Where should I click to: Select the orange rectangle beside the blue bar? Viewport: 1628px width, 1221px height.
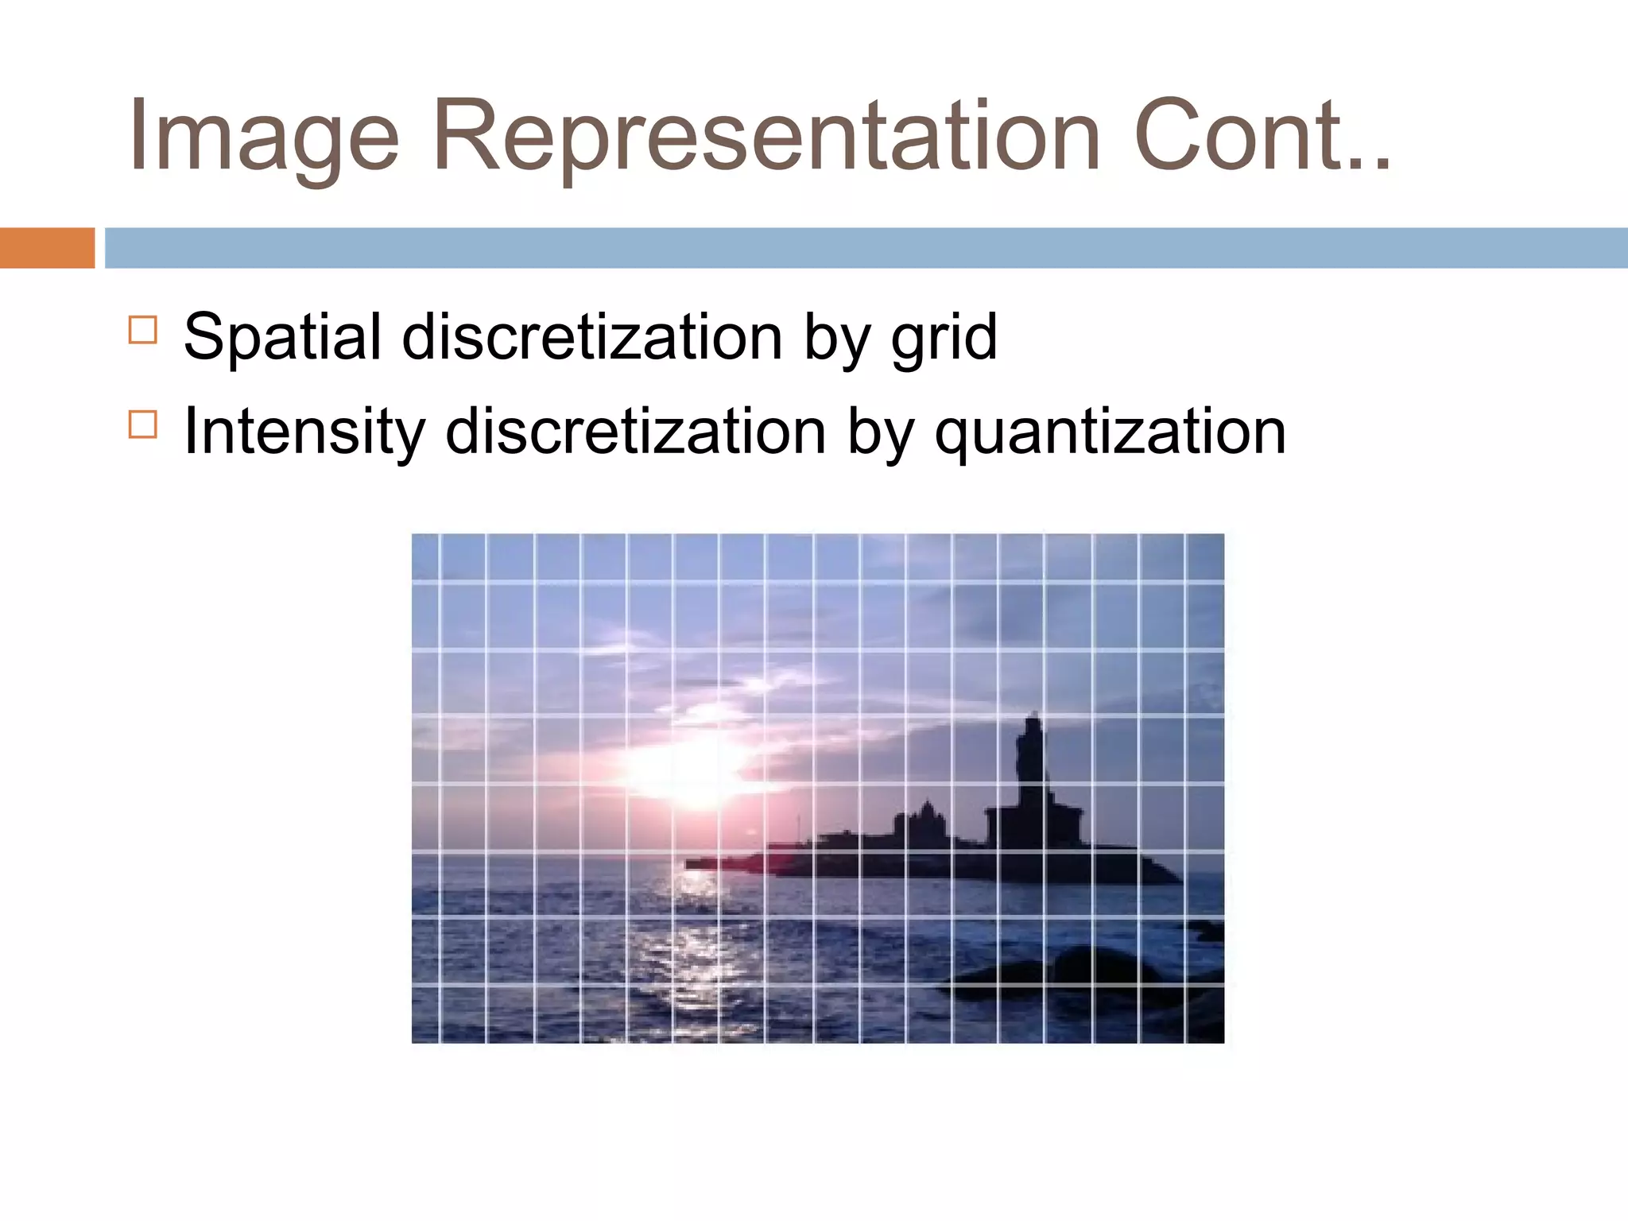pyautogui.click(x=47, y=247)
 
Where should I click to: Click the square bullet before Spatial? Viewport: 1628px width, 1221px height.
pyautogui.click(x=142, y=329)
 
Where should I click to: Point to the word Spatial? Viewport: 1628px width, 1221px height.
pyautogui.click(x=282, y=337)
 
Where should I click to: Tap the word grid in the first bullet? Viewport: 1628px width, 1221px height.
pyautogui.click(x=944, y=337)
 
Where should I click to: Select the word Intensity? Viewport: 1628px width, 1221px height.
pyautogui.click(x=303, y=432)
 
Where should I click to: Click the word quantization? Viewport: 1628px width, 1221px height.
pyautogui.click(x=1110, y=432)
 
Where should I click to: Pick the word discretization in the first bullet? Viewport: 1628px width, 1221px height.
pyautogui.click(x=592, y=337)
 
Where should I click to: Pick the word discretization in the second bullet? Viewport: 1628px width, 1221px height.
pyautogui.click(x=636, y=432)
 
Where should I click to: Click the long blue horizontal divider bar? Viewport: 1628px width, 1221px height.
pyautogui.click(x=866, y=247)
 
